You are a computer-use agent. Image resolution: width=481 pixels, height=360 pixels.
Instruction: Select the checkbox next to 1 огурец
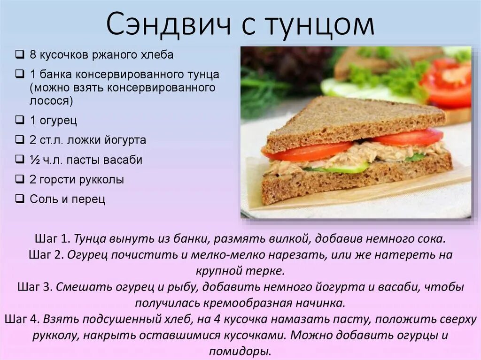pyautogui.click(x=20, y=120)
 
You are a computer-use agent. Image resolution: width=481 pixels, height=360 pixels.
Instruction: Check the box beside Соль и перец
pyautogui.click(x=20, y=199)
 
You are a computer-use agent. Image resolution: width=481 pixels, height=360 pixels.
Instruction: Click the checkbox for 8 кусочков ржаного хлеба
pyautogui.click(x=20, y=54)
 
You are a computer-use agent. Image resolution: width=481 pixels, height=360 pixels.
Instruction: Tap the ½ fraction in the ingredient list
pyautogui.click(x=35, y=160)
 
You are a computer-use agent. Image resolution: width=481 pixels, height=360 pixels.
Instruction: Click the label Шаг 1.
pyautogui.click(x=52, y=238)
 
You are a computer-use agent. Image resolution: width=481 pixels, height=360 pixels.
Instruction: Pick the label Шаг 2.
pyautogui.click(x=46, y=255)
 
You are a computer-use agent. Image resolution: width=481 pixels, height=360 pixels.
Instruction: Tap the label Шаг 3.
pyautogui.click(x=34, y=287)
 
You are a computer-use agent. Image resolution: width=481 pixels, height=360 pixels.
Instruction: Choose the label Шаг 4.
pyautogui.click(x=22, y=319)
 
